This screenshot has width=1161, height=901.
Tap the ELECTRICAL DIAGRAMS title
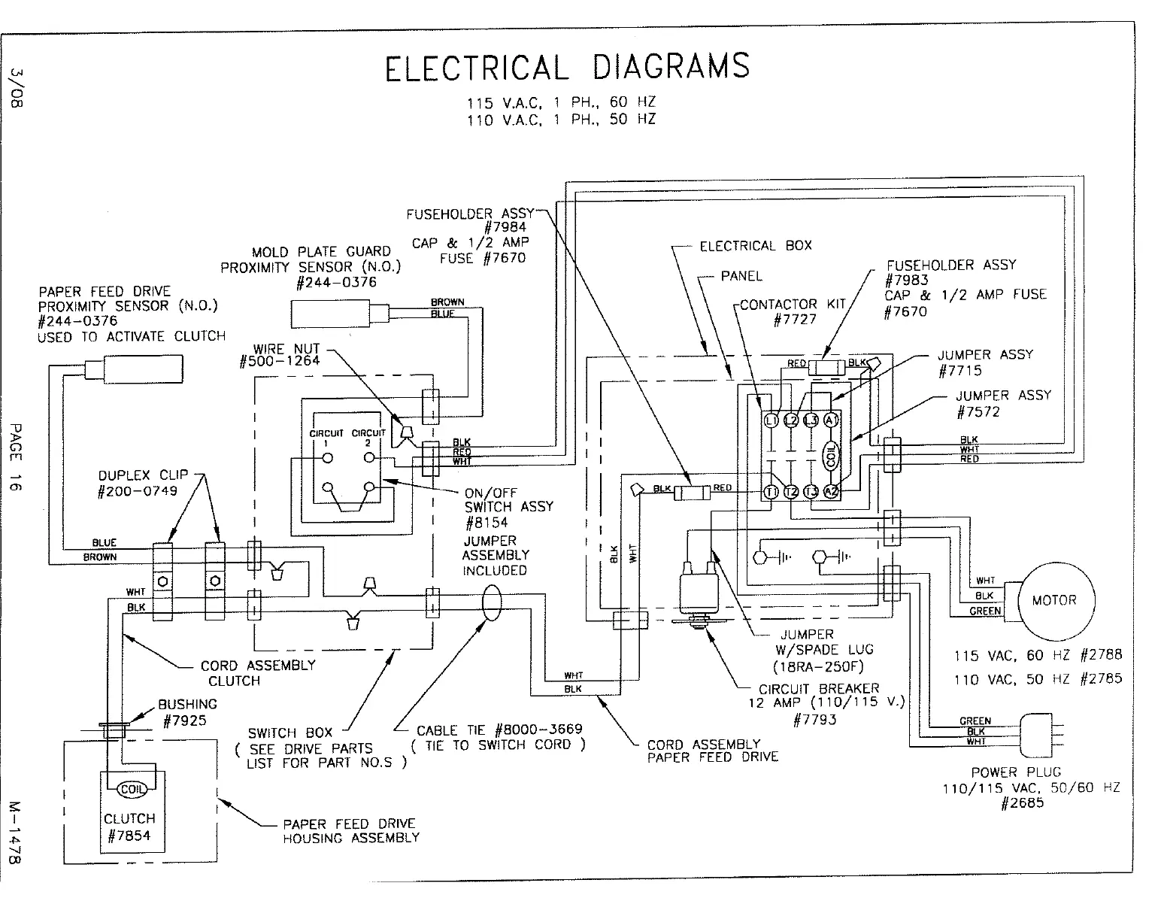point(567,67)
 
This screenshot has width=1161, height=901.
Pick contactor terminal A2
point(830,492)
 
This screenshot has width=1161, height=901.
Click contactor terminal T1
point(771,492)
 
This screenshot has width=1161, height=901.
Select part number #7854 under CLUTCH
point(129,836)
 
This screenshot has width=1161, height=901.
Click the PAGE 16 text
point(17,457)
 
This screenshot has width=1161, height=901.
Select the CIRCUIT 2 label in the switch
point(368,437)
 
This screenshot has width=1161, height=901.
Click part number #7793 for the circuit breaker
point(815,720)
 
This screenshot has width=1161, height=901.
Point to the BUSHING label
point(187,705)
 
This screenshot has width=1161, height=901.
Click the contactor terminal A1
point(830,420)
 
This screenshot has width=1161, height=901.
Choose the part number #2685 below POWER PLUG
point(1023,803)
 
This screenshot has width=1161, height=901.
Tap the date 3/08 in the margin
point(17,88)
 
